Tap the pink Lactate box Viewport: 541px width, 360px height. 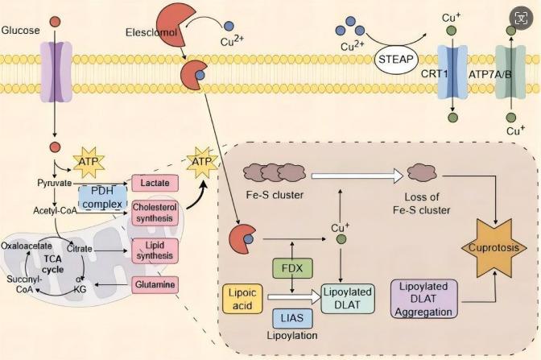154,183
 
